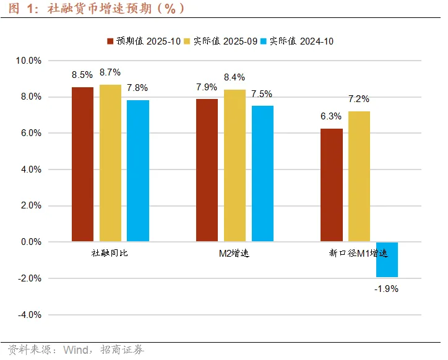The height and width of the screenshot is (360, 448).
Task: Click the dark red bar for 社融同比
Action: [82, 164]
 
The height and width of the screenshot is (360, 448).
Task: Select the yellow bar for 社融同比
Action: [110, 163]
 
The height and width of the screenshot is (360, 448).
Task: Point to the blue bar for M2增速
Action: [262, 173]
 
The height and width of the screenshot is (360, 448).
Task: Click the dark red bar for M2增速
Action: [207, 170]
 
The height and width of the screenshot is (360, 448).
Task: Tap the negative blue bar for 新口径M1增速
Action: [387, 260]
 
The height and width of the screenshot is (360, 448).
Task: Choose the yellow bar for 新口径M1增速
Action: [359, 176]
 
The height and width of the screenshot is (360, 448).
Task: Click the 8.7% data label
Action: [110, 73]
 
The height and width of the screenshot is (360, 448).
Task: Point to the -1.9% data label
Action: [387, 288]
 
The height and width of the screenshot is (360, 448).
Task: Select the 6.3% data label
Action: [331, 116]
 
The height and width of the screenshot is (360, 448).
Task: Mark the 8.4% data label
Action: [235, 77]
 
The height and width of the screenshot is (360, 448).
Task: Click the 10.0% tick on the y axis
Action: [28, 61]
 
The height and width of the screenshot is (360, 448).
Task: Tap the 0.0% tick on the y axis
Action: [31, 242]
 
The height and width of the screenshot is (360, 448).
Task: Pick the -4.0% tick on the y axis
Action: [30, 315]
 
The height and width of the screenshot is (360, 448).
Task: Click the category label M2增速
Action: [234, 254]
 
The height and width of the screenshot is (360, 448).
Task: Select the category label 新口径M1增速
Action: [358, 254]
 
